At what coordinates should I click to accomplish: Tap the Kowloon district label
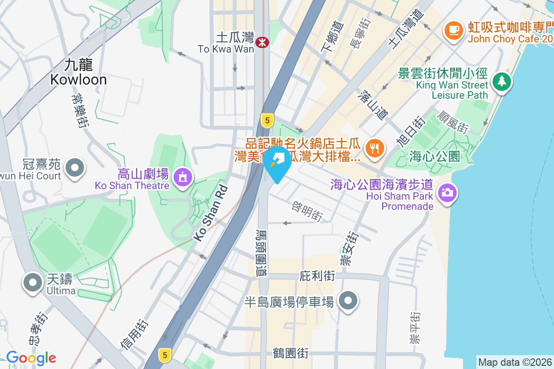(78, 72)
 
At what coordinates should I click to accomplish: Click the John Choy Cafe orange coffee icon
(453, 30)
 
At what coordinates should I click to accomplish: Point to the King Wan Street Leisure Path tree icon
(501, 82)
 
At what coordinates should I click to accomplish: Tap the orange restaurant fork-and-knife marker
(374, 148)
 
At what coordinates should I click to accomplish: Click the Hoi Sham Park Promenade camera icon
(446, 192)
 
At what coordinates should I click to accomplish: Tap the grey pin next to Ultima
(32, 282)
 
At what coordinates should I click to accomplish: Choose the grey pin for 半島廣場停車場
(349, 302)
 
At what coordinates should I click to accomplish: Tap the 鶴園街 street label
(290, 353)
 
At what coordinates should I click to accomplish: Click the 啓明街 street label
(307, 210)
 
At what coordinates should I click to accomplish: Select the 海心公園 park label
(434, 156)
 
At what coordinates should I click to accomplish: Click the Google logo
(31, 358)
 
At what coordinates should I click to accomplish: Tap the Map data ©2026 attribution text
(515, 362)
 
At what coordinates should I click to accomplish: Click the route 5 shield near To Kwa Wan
(266, 120)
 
